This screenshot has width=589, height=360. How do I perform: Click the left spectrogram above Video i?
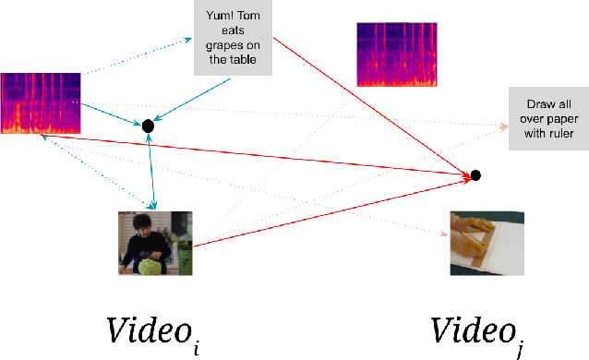pos(42,103)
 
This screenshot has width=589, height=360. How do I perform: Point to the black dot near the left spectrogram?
pos(148,125)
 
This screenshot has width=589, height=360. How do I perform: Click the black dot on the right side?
pos(475,174)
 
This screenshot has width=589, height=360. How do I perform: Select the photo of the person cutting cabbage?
pos(155,244)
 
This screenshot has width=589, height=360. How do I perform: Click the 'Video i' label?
pos(153,332)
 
